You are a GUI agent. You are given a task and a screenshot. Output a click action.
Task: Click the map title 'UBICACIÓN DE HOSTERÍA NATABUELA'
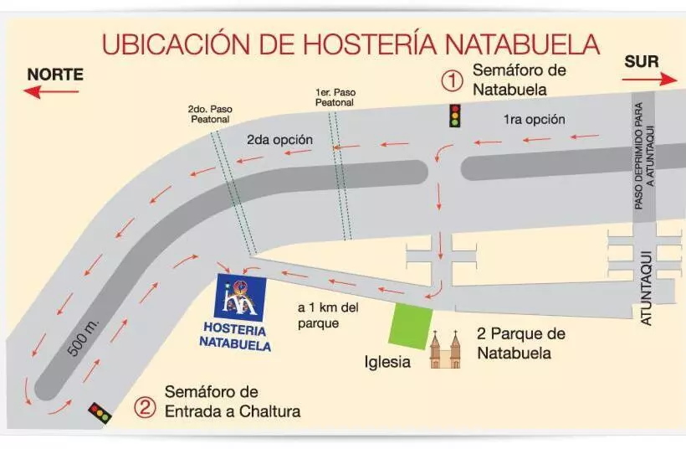coord(351,44)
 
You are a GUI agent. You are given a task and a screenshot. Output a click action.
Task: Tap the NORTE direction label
coord(55,74)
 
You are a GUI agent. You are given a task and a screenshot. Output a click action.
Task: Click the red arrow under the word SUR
coord(650,80)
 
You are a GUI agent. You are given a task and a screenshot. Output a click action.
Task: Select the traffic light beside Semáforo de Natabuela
coord(455,116)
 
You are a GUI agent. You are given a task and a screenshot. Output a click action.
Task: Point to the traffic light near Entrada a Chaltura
coord(100,413)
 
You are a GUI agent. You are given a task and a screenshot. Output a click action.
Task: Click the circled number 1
coord(452,80)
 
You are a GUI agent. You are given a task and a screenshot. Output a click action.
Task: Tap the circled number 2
coord(146,408)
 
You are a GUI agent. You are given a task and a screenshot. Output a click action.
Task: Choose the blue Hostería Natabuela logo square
coord(240,297)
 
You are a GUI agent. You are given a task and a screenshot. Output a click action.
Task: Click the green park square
coord(412,326)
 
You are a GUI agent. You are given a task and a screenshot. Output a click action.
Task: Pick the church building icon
coord(445,349)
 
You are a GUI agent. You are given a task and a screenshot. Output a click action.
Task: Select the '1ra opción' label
coord(534,119)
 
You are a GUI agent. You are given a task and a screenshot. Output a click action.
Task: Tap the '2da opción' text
coord(279,139)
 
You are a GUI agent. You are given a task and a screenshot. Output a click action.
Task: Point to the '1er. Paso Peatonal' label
coord(334,98)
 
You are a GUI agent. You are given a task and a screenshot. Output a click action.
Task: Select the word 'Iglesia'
coord(387,363)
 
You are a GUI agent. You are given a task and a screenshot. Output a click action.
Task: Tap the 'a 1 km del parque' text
coord(328,315)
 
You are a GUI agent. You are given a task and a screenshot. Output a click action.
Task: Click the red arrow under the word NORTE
coord(50,91)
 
